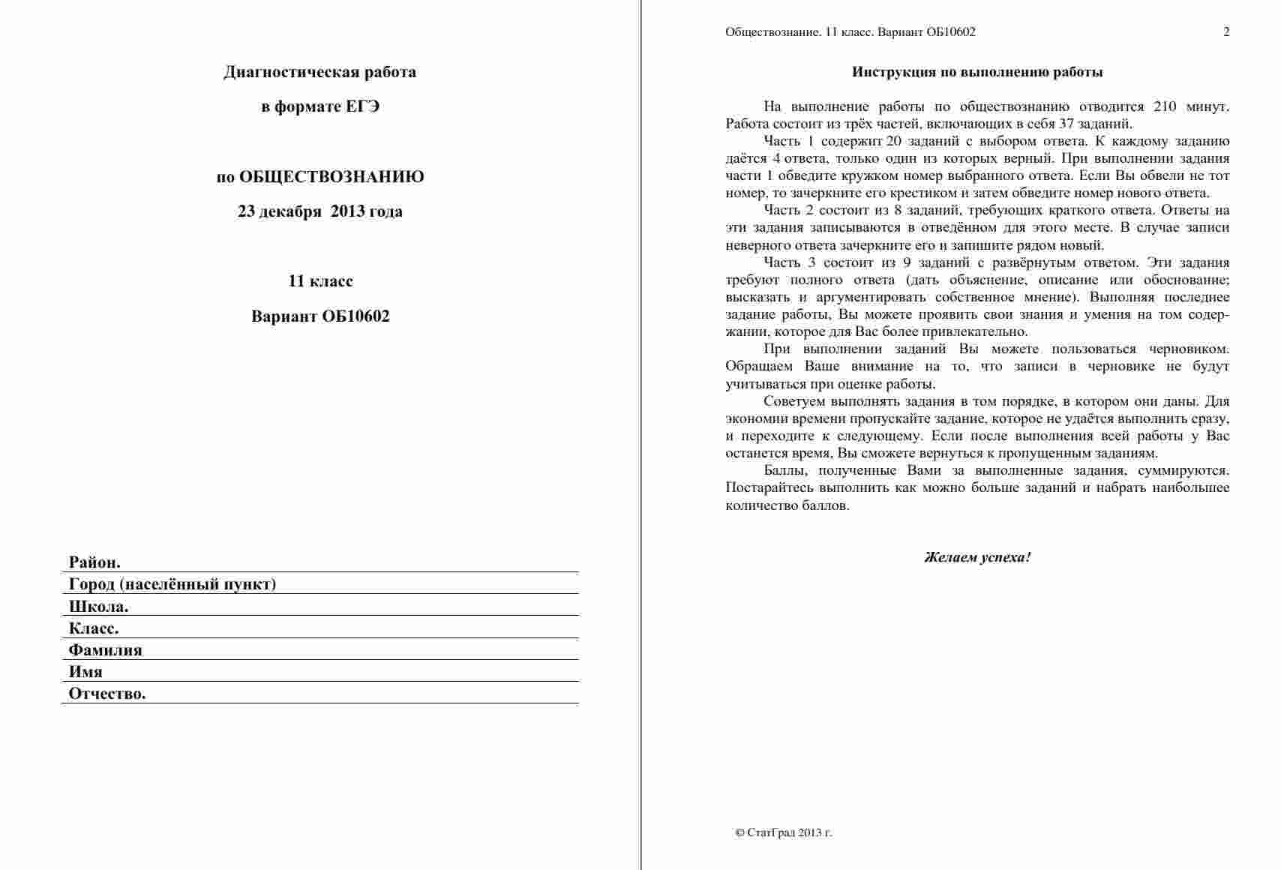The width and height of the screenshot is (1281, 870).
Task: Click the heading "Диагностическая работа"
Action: [x=319, y=72]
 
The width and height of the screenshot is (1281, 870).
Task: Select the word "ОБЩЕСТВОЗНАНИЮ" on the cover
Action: [x=331, y=177]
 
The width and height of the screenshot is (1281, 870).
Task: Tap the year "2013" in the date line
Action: [x=347, y=211]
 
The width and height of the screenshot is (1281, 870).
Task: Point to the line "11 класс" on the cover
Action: [x=320, y=281]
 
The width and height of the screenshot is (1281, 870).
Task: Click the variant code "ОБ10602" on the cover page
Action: [x=355, y=316]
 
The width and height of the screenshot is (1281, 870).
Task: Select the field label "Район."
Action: [x=94, y=562]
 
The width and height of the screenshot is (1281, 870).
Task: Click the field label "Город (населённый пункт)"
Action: [x=172, y=584]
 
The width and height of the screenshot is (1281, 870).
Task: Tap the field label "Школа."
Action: [x=98, y=607]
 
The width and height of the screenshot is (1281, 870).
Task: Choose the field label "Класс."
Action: [x=94, y=628]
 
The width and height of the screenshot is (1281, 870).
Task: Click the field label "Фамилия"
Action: [x=105, y=650]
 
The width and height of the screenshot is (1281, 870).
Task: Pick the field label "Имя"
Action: [x=85, y=672]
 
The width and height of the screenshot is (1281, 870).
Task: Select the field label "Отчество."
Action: [x=107, y=694]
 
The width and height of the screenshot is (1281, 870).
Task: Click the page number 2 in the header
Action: [x=1226, y=31]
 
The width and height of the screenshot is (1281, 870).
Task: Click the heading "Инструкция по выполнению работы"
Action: [x=977, y=72]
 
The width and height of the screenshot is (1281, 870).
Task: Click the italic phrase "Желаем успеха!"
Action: [x=977, y=557]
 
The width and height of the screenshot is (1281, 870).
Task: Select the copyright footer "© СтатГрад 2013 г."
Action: [x=784, y=832]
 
